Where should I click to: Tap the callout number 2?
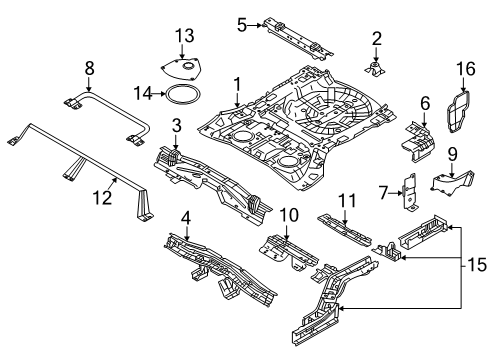(377, 39)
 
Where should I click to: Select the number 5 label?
(240, 22)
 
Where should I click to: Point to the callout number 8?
(89, 69)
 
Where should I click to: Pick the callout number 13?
(182, 36)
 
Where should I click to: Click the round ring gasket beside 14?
(180, 95)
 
